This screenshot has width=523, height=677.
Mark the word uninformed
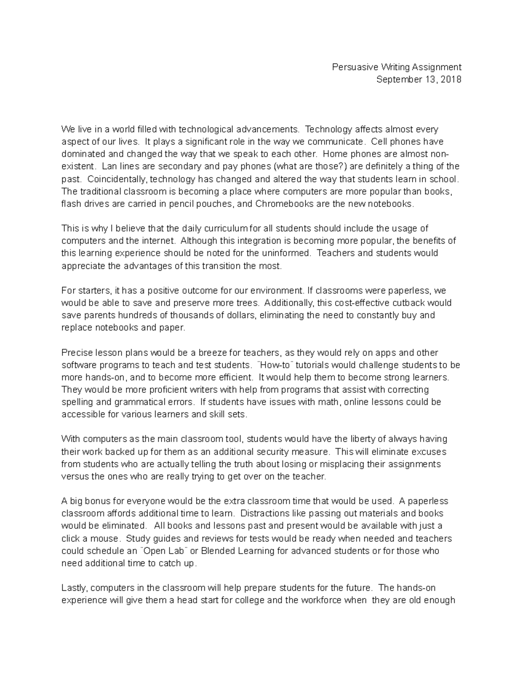tap(287, 253)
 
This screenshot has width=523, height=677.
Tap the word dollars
tap(240, 315)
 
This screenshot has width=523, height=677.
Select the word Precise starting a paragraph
tap(75, 352)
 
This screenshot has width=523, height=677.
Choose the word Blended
tap(218, 551)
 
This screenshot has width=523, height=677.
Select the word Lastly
tap(75, 588)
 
